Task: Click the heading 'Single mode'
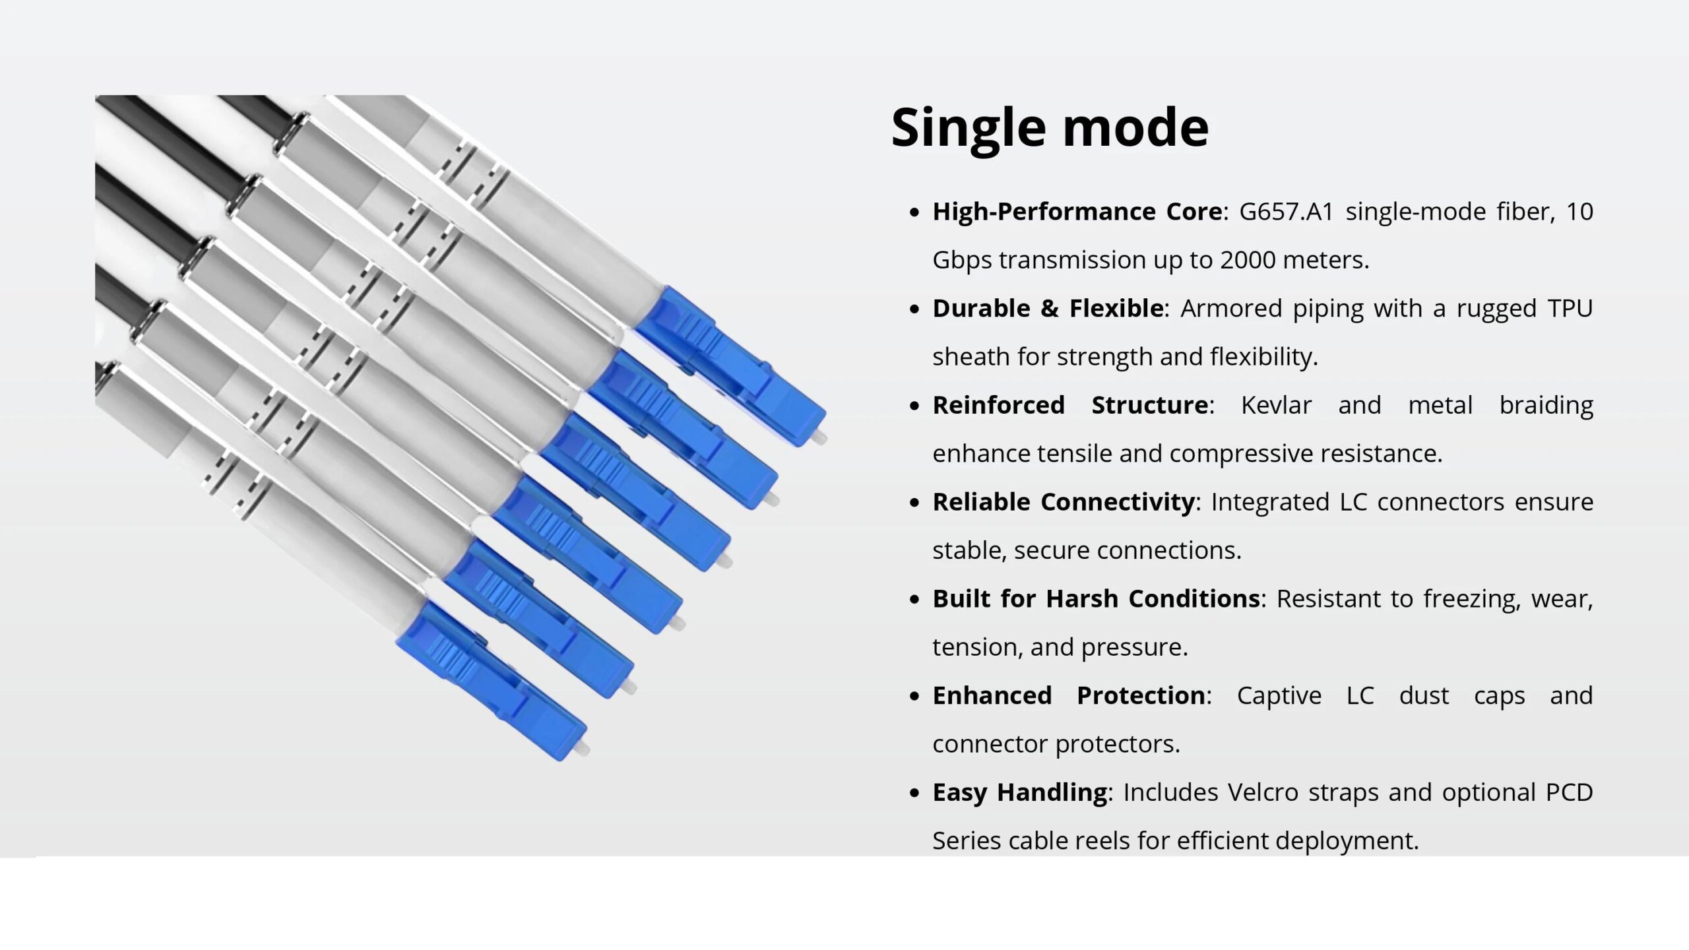pyautogui.click(x=1050, y=127)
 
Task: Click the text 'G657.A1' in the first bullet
pyautogui.click(x=1287, y=212)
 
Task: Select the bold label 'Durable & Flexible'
pyautogui.click(x=1048, y=308)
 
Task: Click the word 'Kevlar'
pyautogui.click(x=1276, y=405)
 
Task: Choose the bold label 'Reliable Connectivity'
pyautogui.click(x=1064, y=502)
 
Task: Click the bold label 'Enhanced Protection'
pyautogui.click(x=1069, y=696)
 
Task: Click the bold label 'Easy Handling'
pyautogui.click(x=1019, y=793)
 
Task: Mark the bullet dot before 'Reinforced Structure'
pyautogui.click(x=914, y=406)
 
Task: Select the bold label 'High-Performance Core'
pyautogui.click(x=1077, y=212)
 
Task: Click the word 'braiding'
pyautogui.click(x=1546, y=406)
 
